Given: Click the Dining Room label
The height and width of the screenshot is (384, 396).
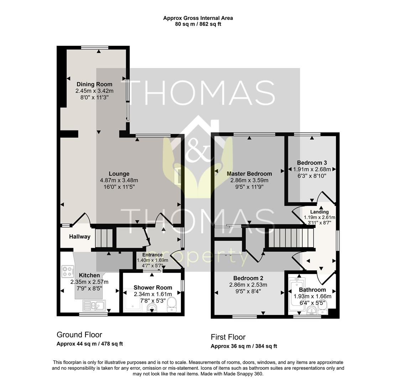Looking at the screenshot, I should coord(94,84).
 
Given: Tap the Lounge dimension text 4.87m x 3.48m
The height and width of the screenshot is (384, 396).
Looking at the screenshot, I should coord(119,180).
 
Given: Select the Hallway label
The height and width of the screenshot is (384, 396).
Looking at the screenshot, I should coord(79,237).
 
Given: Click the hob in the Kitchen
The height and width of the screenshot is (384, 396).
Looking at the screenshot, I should coord(67,271).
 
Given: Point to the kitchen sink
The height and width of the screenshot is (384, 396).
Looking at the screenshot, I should coord(93,305).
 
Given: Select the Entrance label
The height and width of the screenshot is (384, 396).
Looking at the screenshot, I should coord(152,255).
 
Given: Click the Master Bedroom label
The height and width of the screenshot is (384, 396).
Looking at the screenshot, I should coord(249,174).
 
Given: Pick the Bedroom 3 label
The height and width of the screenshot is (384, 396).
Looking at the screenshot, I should coord(312,163).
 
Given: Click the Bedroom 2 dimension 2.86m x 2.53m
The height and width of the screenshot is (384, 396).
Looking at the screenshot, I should coord(249,285).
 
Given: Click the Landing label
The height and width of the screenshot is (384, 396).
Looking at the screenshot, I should coord(319,212).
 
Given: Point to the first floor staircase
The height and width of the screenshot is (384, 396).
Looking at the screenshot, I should coord(291,238).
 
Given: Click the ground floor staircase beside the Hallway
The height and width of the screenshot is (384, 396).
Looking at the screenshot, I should coord(104,238).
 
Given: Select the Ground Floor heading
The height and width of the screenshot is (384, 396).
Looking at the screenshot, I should coord(79,335).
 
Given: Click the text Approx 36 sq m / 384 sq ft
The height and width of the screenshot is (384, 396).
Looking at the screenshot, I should coord(244,346).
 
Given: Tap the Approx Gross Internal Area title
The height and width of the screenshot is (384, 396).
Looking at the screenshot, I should coord(198,18).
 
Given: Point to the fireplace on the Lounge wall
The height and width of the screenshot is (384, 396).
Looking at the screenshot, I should coord(177,176).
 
